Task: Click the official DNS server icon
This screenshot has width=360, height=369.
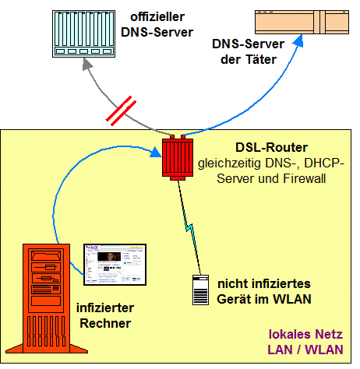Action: click(83, 33)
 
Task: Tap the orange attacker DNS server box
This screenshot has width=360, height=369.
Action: click(302, 22)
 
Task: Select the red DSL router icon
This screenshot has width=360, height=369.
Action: click(178, 157)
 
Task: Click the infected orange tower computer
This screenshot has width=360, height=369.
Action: click(47, 298)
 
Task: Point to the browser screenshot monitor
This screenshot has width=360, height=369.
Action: click(115, 265)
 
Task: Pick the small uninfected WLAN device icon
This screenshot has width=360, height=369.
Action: click(200, 290)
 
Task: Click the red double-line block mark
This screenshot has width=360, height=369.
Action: click(121, 111)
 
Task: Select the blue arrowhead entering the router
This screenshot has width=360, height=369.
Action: click(156, 153)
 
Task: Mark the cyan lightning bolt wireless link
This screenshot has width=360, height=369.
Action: click(189, 228)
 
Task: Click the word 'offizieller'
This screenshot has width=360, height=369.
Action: click(157, 17)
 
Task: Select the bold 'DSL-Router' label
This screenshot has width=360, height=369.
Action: click(271, 147)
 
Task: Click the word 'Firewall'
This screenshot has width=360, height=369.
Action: click(304, 178)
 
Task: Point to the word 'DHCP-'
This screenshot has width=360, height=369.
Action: click(324, 163)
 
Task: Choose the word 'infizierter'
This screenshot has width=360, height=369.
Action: click(105, 308)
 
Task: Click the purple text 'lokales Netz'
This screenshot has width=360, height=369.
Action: click(305, 334)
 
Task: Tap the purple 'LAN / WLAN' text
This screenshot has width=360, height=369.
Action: click(305, 350)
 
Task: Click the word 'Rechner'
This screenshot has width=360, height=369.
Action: click(105, 324)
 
